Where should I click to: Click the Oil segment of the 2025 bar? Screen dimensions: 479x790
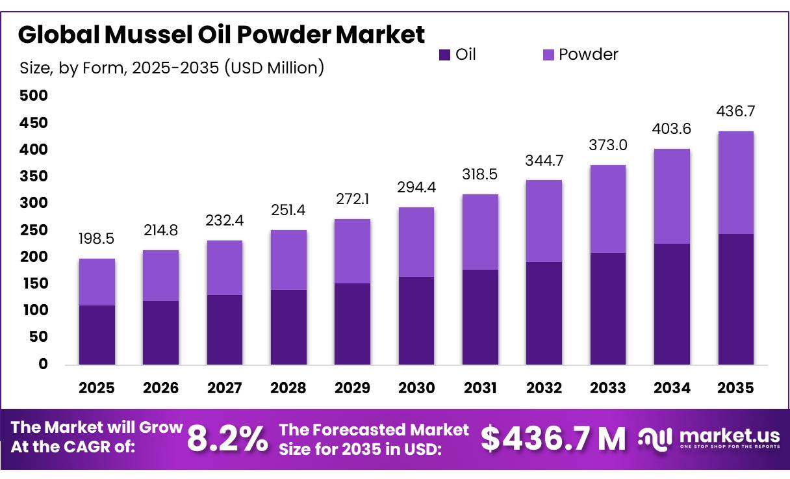(96, 335)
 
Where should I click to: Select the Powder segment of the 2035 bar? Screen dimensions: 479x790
(735, 183)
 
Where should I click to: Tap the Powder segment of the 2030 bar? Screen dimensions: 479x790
(416, 242)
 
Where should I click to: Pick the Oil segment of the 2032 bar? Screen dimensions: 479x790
(544, 313)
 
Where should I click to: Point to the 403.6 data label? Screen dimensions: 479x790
(672, 129)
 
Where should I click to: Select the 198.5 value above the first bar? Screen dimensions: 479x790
(96, 239)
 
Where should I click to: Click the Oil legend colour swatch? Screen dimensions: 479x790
(444, 55)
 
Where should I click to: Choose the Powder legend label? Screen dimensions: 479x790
(588, 55)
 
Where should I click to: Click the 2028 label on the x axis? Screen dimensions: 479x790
(288, 388)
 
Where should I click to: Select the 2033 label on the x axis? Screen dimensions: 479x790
(608, 388)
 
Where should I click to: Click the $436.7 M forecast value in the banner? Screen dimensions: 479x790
(553, 439)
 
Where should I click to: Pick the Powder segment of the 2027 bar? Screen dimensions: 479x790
(224, 268)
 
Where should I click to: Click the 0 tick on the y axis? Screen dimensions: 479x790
(43, 364)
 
